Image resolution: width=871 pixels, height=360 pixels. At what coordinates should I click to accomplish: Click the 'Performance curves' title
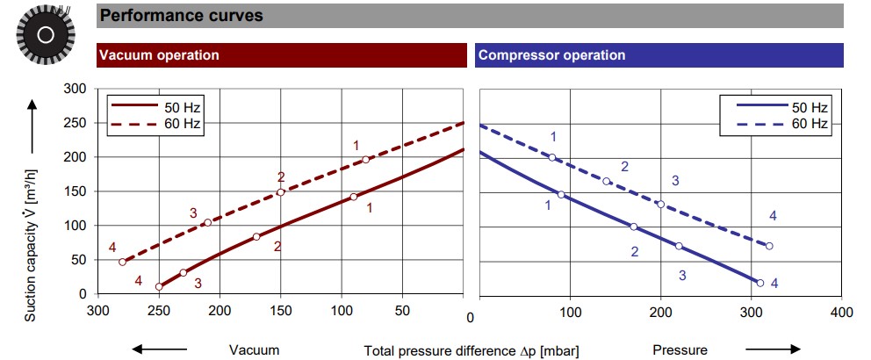182,15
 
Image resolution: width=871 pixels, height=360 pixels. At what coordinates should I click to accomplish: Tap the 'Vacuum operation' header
159,54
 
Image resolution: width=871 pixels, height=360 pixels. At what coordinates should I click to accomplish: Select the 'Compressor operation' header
551,54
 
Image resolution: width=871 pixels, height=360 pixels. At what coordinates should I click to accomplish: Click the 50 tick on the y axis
77,260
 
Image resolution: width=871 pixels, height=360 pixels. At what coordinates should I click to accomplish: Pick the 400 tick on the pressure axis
841,312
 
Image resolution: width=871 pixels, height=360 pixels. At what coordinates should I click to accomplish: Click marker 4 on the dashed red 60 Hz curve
123,262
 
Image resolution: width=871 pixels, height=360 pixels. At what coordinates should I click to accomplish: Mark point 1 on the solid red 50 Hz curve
354,197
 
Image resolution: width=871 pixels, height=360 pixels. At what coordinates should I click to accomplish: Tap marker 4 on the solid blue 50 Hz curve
760,283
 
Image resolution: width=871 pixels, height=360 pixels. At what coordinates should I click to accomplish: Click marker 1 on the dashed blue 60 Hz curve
552,157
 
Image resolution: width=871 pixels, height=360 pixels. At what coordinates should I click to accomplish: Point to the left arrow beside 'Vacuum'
159,349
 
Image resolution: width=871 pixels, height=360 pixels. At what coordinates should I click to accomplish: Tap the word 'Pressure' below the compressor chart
680,350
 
